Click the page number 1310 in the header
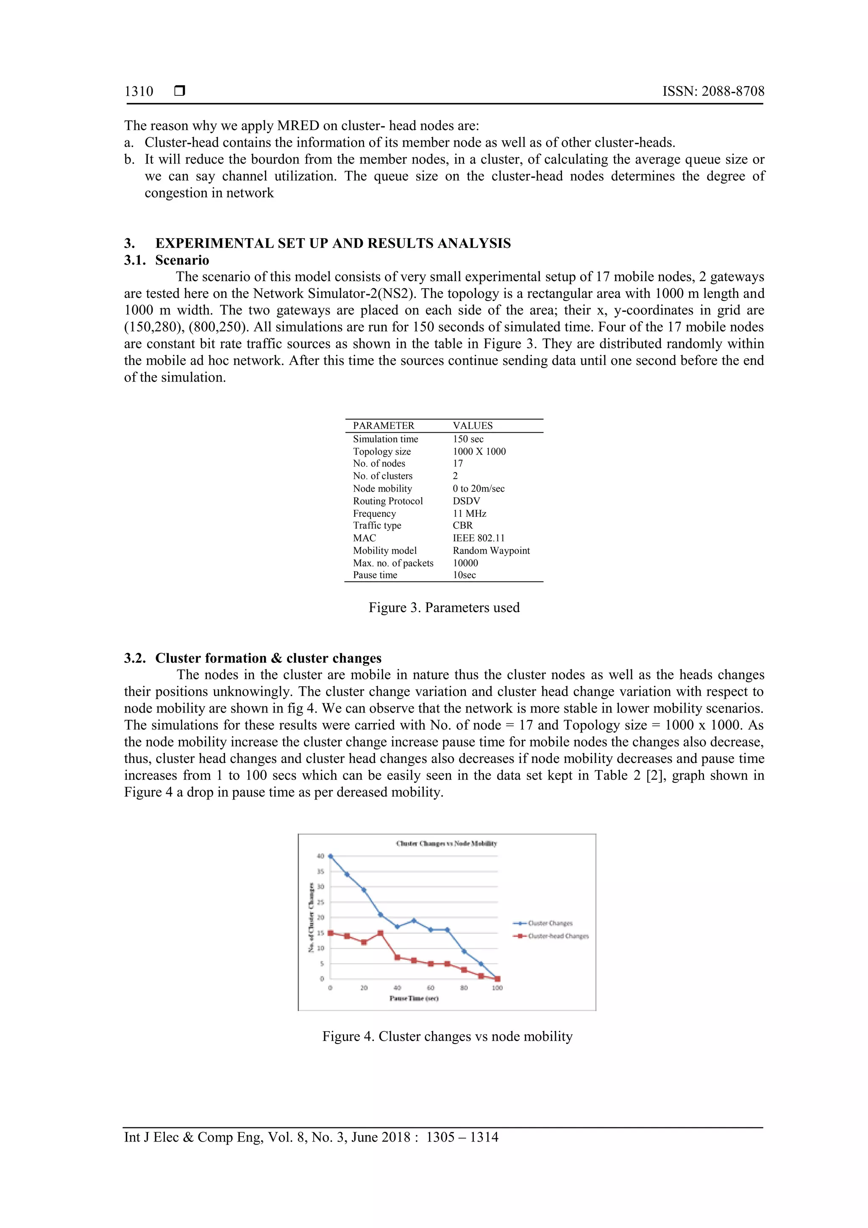[139, 92]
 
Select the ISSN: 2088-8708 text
[713, 92]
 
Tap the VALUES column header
[472, 426]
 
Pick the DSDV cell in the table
[466, 501]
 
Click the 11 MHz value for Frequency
[469, 513]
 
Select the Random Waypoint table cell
[490, 551]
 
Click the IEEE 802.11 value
[478, 538]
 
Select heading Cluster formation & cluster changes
[268, 658]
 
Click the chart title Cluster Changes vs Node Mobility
[446, 844]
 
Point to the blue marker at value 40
[330, 856]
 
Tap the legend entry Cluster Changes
[550, 923]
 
